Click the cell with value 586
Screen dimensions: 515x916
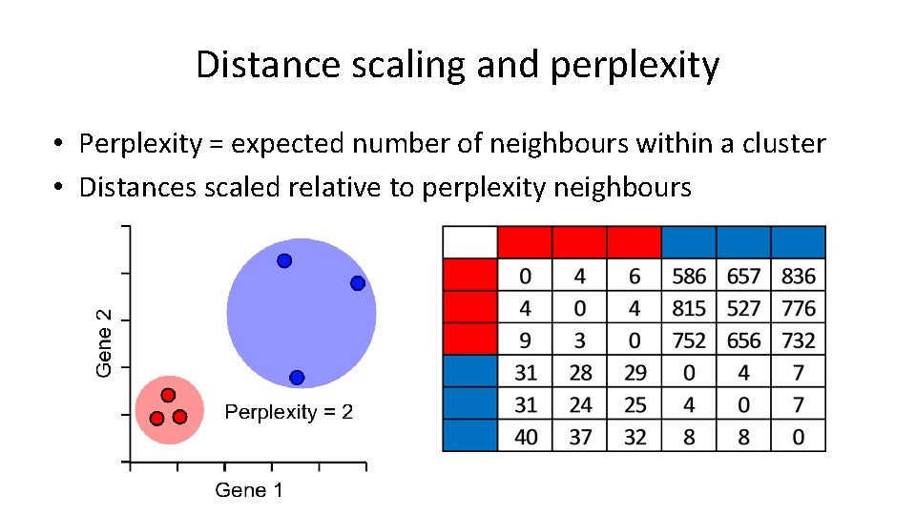689,277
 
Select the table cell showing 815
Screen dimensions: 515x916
689,308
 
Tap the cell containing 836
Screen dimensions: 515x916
799,277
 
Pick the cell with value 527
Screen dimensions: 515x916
743,308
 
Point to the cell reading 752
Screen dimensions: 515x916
689,340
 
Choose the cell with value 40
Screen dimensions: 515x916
526,437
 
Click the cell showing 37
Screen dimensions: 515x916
580,437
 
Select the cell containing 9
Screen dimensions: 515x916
526,340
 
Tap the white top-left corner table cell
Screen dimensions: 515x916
470,243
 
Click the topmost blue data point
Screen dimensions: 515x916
284,260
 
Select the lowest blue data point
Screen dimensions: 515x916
297,378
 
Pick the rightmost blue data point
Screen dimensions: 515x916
357,283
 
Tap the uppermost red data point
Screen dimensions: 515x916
168,395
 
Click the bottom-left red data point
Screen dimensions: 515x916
156,418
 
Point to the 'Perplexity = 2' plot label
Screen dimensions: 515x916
288,412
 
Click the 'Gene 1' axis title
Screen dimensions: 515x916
248,490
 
